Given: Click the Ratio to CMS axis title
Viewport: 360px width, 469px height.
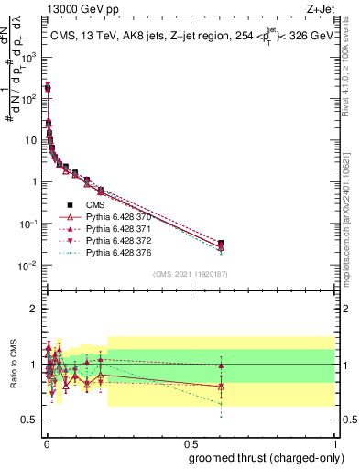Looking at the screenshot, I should point(12,365).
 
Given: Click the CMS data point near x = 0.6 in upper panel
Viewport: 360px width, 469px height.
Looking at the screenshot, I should point(222,244).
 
